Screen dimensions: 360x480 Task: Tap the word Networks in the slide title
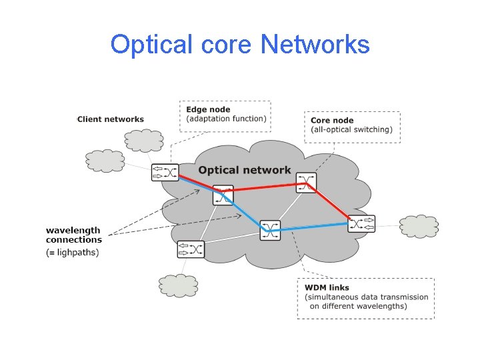tap(315, 45)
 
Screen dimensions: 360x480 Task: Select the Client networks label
tap(110, 119)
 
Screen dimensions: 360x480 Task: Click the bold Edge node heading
tap(208, 109)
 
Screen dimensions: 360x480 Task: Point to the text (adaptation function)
tap(226, 119)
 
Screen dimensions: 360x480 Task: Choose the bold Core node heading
tap(332, 121)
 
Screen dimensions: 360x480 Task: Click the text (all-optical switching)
tap(351, 129)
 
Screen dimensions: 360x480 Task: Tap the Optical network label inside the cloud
tap(244, 170)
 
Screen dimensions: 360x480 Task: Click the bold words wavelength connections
tap(73, 235)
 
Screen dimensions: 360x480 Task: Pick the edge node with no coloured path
tap(191, 249)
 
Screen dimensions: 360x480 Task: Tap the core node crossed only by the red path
tap(307, 183)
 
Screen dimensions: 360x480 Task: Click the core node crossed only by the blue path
tap(270, 230)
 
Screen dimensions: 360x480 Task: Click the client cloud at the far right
tap(419, 226)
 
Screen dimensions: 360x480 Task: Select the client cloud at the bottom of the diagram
tap(179, 285)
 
